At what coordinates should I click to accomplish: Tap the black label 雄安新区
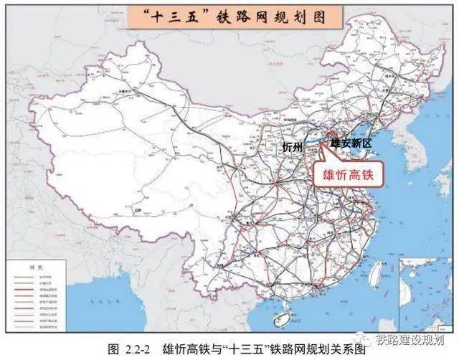point(351,143)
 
